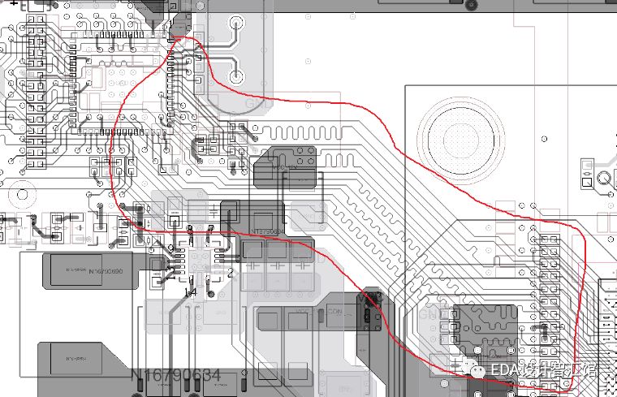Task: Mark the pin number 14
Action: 190,291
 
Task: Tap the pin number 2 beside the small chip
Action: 230,273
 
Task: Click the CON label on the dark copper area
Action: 334,311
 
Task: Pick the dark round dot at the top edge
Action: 469,4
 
